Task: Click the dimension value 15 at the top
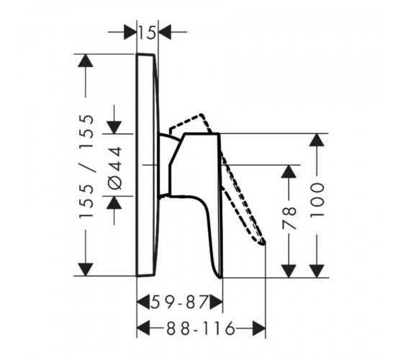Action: click(x=148, y=32)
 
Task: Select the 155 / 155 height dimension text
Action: click(x=86, y=166)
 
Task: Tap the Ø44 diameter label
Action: click(x=114, y=168)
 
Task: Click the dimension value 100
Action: click(x=317, y=200)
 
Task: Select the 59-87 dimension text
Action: click(x=179, y=302)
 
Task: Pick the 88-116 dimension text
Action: click(x=201, y=328)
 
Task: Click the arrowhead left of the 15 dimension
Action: click(x=130, y=32)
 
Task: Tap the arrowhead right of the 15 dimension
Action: click(x=165, y=32)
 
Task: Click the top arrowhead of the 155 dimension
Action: click(x=86, y=60)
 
